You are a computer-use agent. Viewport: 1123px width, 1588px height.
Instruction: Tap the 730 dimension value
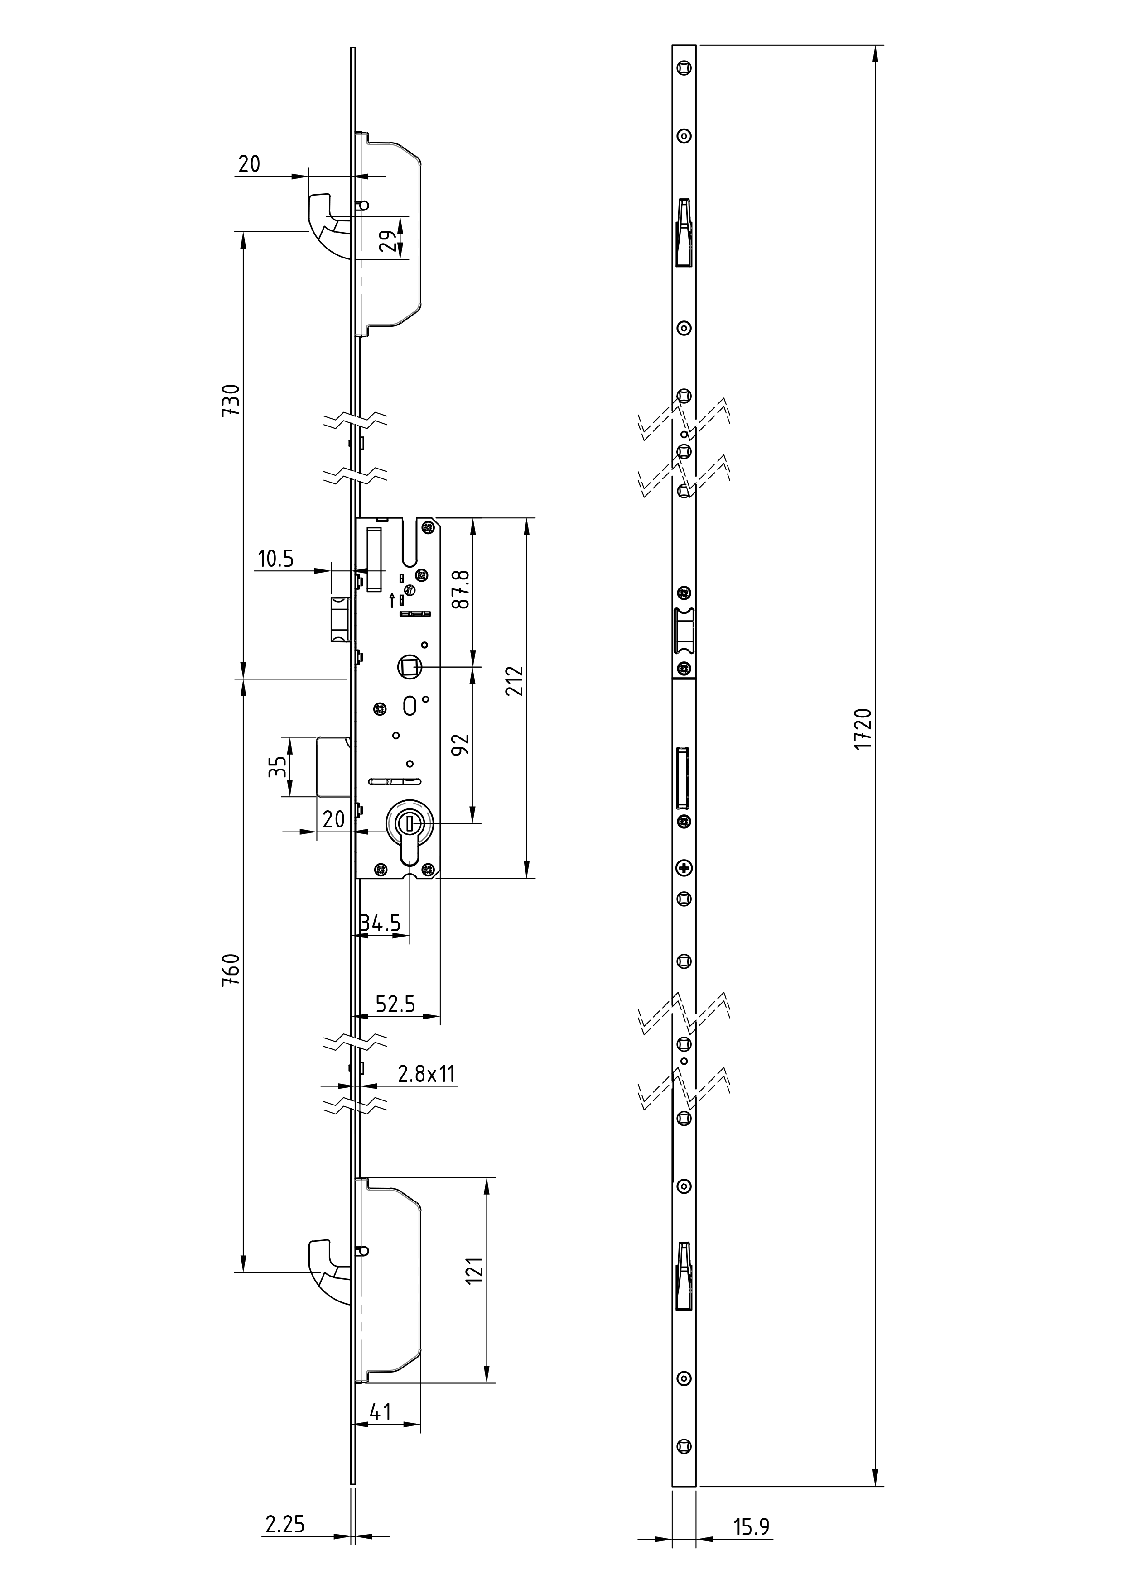coord(231,400)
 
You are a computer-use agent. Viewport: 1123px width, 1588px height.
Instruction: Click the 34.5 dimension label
coord(381,923)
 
